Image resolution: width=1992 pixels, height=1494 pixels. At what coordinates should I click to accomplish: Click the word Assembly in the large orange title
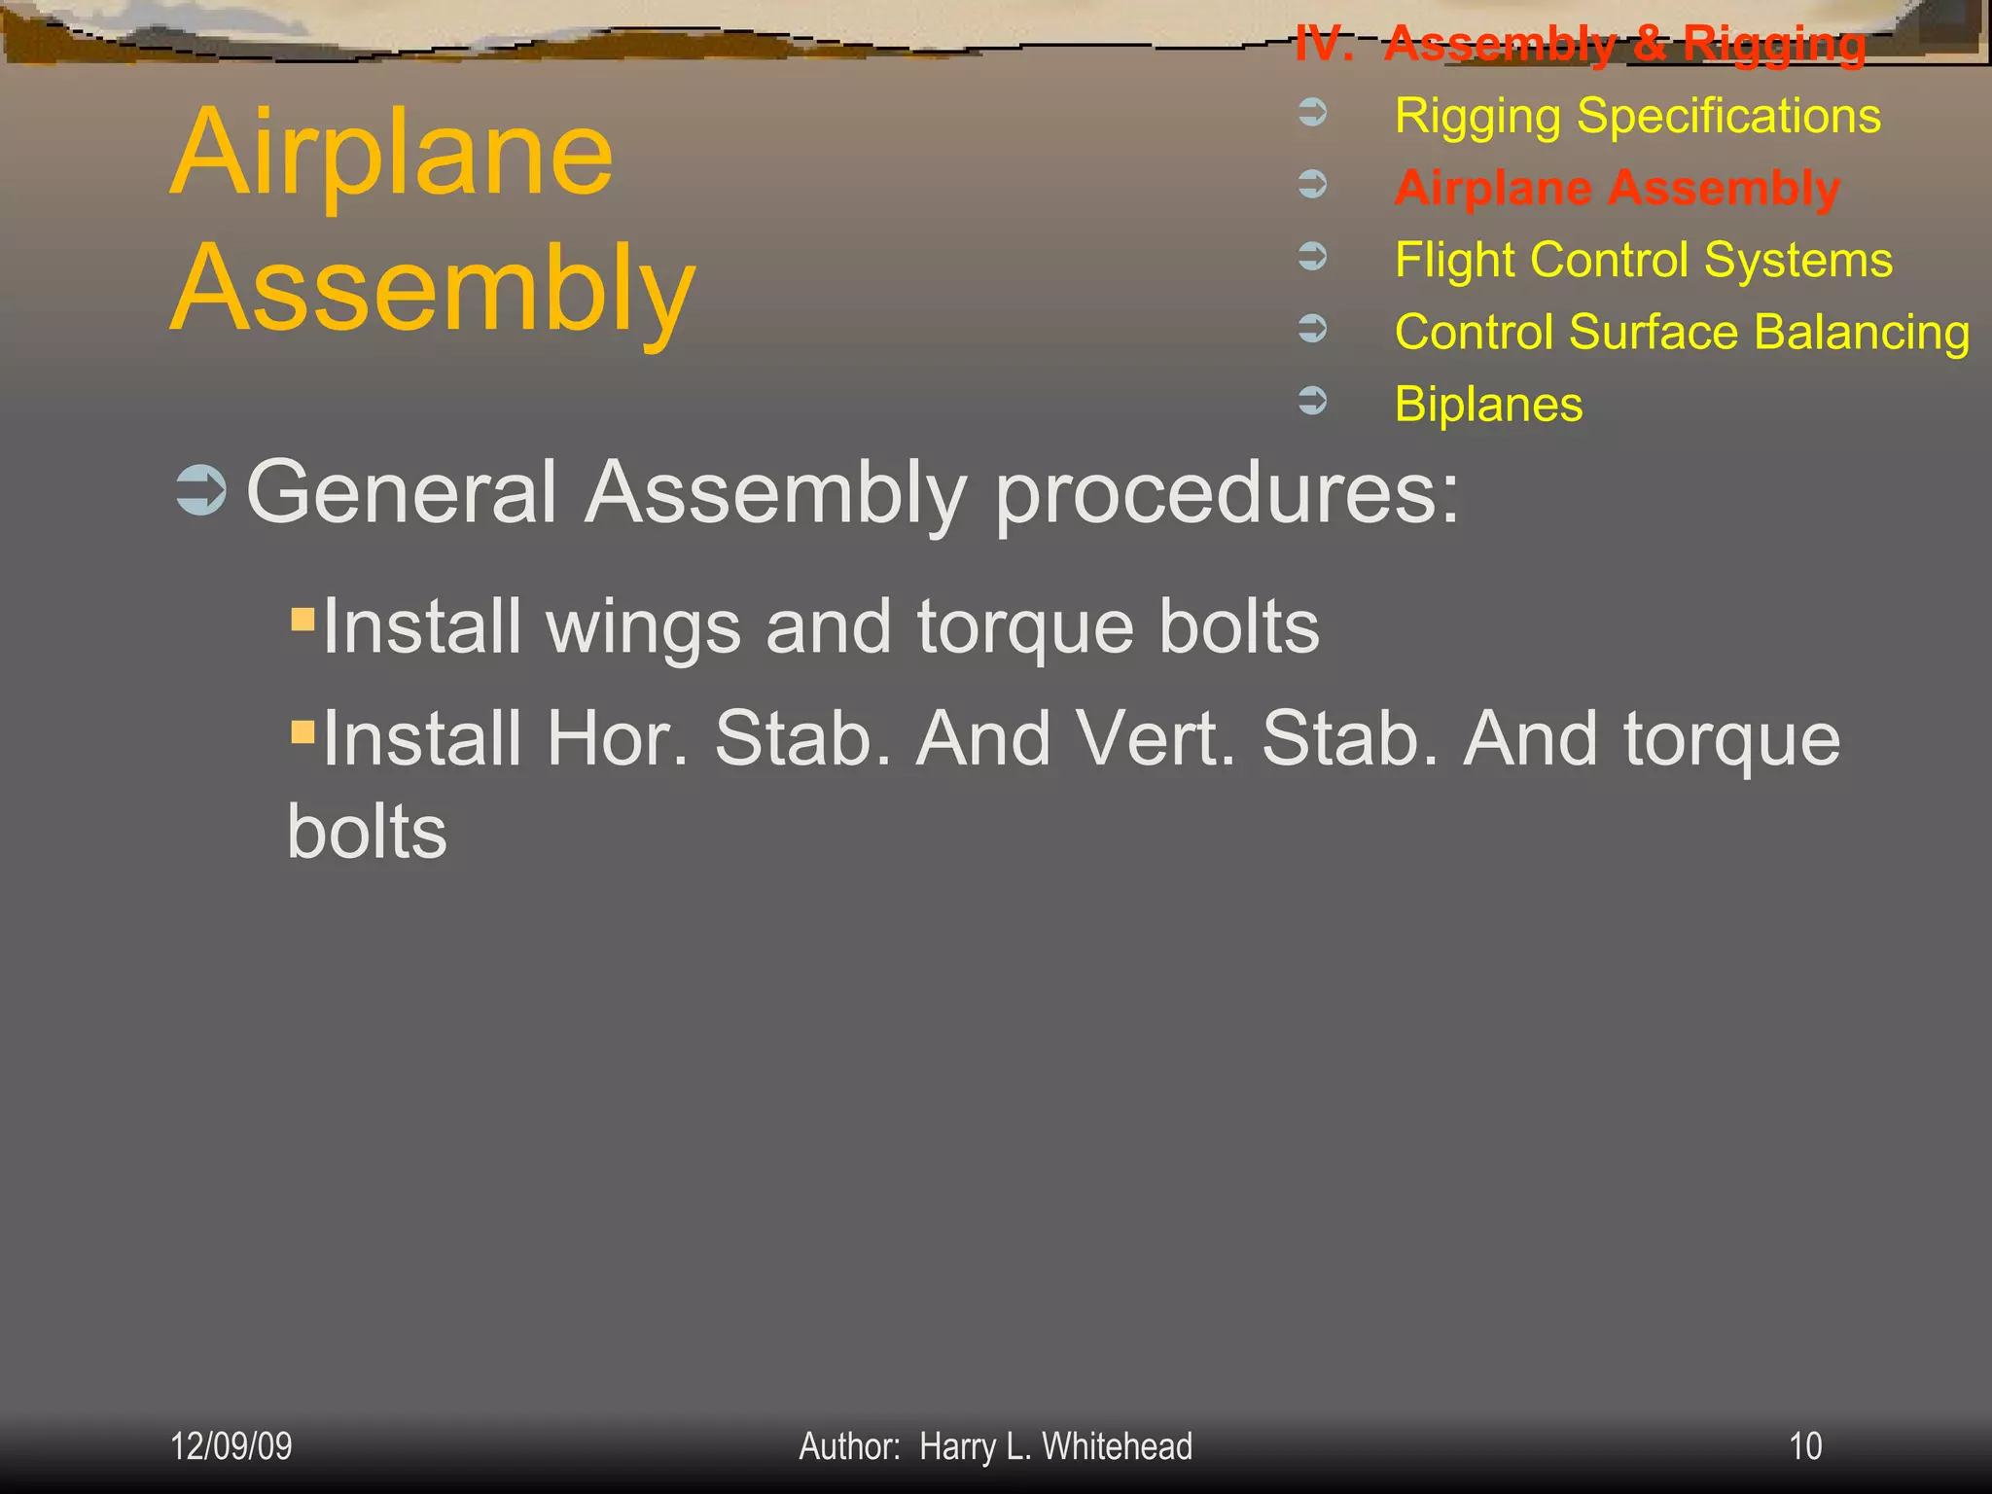(433, 289)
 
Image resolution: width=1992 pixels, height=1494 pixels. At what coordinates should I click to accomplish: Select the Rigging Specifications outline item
(1637, 116)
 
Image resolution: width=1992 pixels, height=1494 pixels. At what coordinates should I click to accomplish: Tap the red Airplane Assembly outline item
(1617, 188)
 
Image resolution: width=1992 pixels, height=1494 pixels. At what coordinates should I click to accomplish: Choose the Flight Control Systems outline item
(1643, 260)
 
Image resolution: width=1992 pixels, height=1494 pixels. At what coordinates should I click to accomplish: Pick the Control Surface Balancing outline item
(1682, 332)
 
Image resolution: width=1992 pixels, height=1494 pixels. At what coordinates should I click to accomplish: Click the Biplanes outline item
(1488, 404)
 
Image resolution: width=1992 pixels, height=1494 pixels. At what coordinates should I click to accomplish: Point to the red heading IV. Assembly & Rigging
(1581, 44)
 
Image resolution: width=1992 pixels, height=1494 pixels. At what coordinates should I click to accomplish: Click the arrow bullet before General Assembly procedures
(201, 490)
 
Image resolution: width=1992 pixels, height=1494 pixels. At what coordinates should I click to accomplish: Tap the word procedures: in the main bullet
(1227, 494)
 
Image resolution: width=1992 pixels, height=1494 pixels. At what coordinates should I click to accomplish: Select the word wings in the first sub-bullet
(644, 626)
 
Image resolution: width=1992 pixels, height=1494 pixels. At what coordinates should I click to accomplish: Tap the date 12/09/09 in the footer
(231, 1446)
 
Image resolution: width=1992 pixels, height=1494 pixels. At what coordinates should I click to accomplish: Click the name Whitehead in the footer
(1117, 1446)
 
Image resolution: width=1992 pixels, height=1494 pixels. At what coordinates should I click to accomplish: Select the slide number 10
(1805, 1446)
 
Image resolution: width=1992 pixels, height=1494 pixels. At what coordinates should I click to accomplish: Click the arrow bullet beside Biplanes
(1313, 400)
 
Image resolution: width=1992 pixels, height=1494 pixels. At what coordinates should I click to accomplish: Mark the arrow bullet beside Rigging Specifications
(1313, 112)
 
